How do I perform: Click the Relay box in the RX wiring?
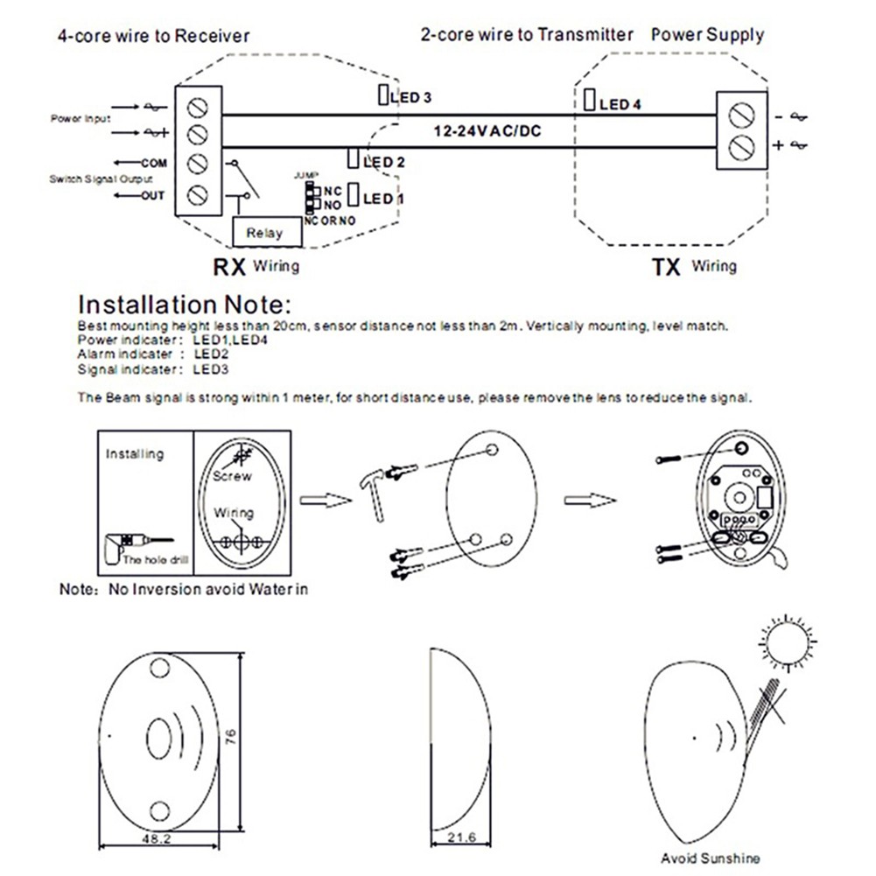coord(264,233)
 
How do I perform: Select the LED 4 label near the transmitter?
coord(620,105)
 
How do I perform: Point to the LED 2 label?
coord(383,162)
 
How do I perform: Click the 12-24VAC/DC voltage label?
coord(488,131)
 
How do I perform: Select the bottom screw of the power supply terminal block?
coord(742,145)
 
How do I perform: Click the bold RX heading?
coord(228,267)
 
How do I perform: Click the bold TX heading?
coord(667,267)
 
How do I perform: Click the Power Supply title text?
coord(707,35)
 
